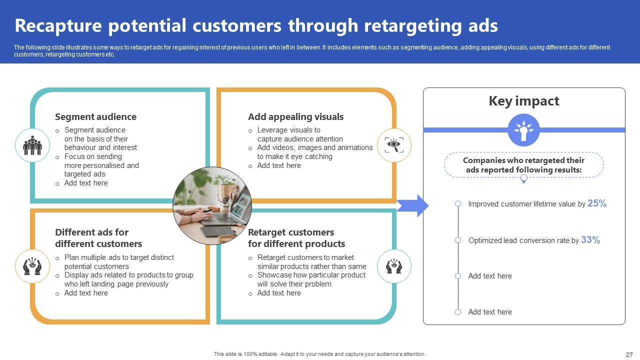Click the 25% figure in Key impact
click(x=597, y=203)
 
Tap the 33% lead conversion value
click(x=590, y=240)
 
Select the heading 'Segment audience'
click(x=95, y=117)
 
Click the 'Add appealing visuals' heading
click(x=295, y=117)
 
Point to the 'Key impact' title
click(x=523, y=101)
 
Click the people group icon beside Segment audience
click(x=32, y=145)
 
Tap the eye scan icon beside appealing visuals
click(x=394, y=145)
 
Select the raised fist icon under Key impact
click(x=523, y=130)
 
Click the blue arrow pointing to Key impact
click(x=412, y=206)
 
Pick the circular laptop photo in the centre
click(x=212, y=206)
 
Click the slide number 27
click(x=629, y=355)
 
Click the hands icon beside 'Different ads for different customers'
click(x=32, y=266)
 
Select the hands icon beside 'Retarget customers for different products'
click(x=394, y=266)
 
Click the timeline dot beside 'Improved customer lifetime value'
click(x=458, y=203)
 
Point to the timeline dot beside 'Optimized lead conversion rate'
click(x=458, y=240)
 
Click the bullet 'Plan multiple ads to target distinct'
click(x=119, y=257)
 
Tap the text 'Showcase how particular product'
click(x=311, y=275)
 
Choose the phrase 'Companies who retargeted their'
click(x=523, y=160)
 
